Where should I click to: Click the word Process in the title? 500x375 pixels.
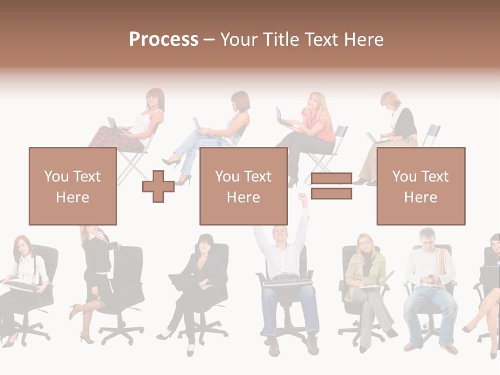point(164,40)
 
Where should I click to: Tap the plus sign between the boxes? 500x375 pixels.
point(158,187)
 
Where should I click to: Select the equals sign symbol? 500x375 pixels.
point(331,186)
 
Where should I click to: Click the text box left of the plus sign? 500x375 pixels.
point(72,186)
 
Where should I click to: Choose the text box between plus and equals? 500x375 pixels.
point(243,186)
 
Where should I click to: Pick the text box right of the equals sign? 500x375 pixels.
point(420,186)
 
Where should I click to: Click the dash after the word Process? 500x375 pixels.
point(209,40)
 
